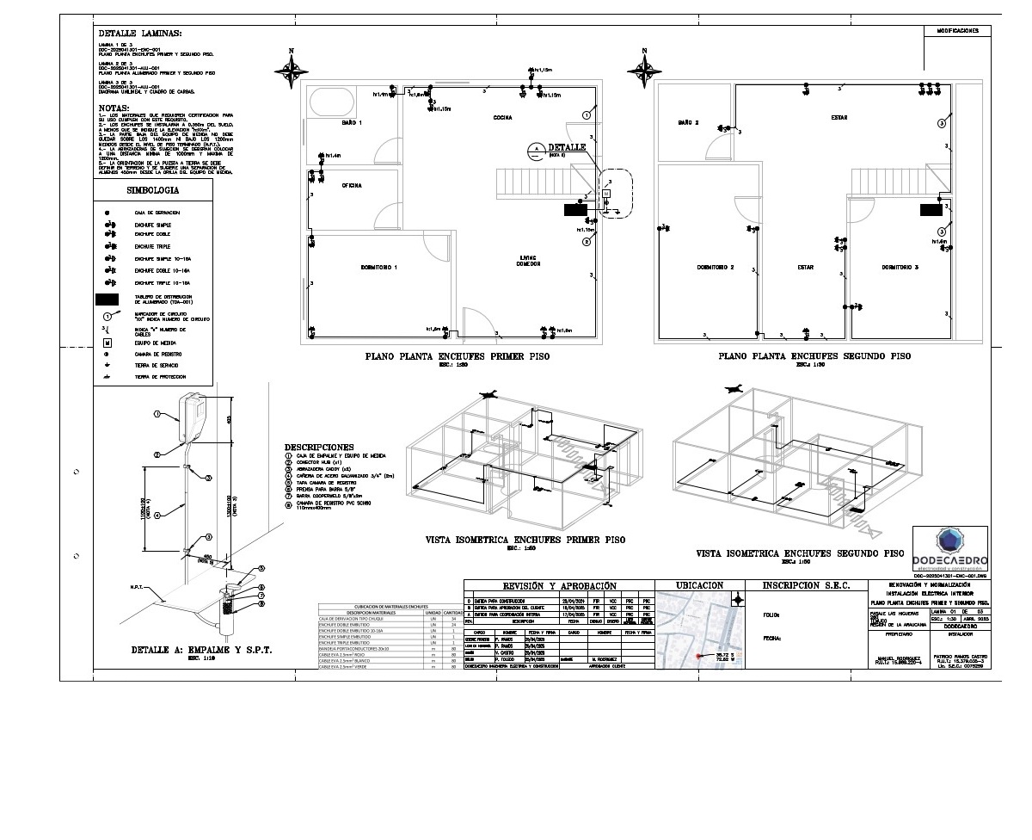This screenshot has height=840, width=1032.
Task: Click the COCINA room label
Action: [x=503, y=117]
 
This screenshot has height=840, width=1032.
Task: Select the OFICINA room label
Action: [x=351, y=185]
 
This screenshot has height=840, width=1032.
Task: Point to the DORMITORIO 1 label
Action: [x=378, y=268]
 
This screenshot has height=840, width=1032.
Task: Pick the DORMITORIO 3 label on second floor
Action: [x=900, y=268]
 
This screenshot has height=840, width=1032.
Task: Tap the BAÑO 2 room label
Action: [x=687, y=123]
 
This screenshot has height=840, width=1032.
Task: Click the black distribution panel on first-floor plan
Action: [x=575, y=208]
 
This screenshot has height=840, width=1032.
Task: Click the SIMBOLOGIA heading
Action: [x=152, y=189]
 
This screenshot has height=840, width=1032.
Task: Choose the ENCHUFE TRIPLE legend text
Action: [x=152, y=246]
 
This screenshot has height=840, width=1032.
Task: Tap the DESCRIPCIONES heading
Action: [x=318, y=448]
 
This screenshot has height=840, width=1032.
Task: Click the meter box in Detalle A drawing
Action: [x=193, y=417]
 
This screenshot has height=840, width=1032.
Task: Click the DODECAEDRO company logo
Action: [x=949, y=548]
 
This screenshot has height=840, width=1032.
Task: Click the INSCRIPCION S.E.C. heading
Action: [x=805, y=586]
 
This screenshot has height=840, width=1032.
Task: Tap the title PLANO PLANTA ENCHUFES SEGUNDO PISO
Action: [x=814, y=355]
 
